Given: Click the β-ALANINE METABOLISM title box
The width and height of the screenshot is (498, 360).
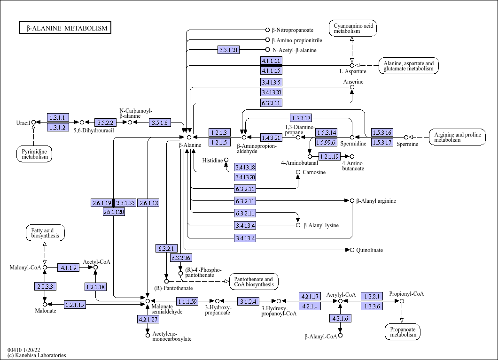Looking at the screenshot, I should click(x=65, y=28).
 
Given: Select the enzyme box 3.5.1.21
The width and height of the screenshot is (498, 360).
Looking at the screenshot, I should click(x=229, y=50).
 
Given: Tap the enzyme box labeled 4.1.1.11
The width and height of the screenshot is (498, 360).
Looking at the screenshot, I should click(x=272, y=61).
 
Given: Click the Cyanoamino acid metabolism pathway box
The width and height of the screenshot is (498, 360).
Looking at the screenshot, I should click(x=352, y=28).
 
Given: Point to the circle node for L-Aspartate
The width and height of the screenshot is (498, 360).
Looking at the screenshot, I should click(x=352, y=65).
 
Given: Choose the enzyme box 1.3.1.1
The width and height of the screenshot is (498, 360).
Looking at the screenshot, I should click(x=58, y=117).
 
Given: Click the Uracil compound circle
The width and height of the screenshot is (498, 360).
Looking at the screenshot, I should click(x=33, y=123).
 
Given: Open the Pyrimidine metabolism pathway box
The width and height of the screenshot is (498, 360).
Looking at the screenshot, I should click(x=34, y=153).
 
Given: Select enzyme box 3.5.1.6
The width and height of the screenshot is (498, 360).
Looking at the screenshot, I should click(x=159, y=123).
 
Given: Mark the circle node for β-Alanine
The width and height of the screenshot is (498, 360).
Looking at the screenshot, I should click(x=189, y=137).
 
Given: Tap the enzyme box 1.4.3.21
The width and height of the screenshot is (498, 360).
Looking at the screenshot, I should click(x=272, y=137).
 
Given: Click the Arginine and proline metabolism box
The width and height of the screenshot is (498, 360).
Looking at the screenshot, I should click(x=457, y=137).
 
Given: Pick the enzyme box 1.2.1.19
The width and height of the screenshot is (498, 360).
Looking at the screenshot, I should click(x=329, y=156).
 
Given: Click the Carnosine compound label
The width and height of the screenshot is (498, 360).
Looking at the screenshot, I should click(x=314, y=173).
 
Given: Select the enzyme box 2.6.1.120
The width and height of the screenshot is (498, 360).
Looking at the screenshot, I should click(x=114, y=212).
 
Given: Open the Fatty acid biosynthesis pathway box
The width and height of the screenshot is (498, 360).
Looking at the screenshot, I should click(x=45, y=233).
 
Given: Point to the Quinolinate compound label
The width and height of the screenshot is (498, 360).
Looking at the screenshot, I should click(x=369, y=250).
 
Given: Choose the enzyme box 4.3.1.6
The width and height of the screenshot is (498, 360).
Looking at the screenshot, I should click(x=340, y=318).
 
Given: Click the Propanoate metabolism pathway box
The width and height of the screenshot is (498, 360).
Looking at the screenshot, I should click(x=403, y=331).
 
